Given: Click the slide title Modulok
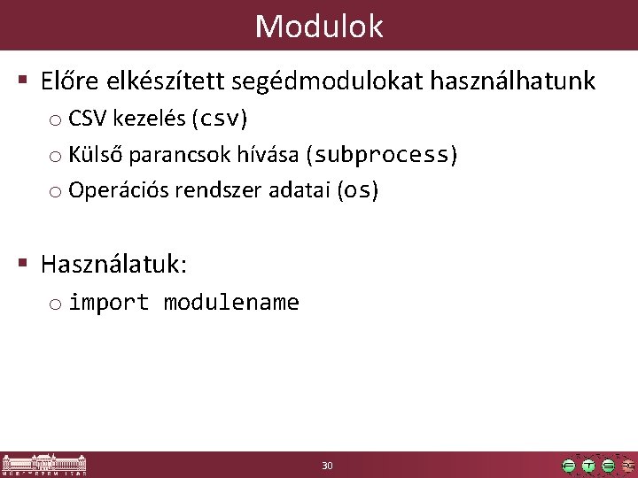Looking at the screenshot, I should [319, 26].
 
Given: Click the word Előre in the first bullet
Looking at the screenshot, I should [72, 82].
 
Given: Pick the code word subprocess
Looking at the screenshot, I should [382, 156].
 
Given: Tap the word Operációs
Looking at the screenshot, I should [112, 190].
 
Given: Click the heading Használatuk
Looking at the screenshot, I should [113, 263].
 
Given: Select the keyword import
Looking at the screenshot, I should [109, 303].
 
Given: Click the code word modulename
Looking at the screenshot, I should [231, 303].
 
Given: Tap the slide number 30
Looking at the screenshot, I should [327, 466].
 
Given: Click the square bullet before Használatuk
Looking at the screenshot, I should [22, 263].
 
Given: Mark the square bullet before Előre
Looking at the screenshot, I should [22, 82].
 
